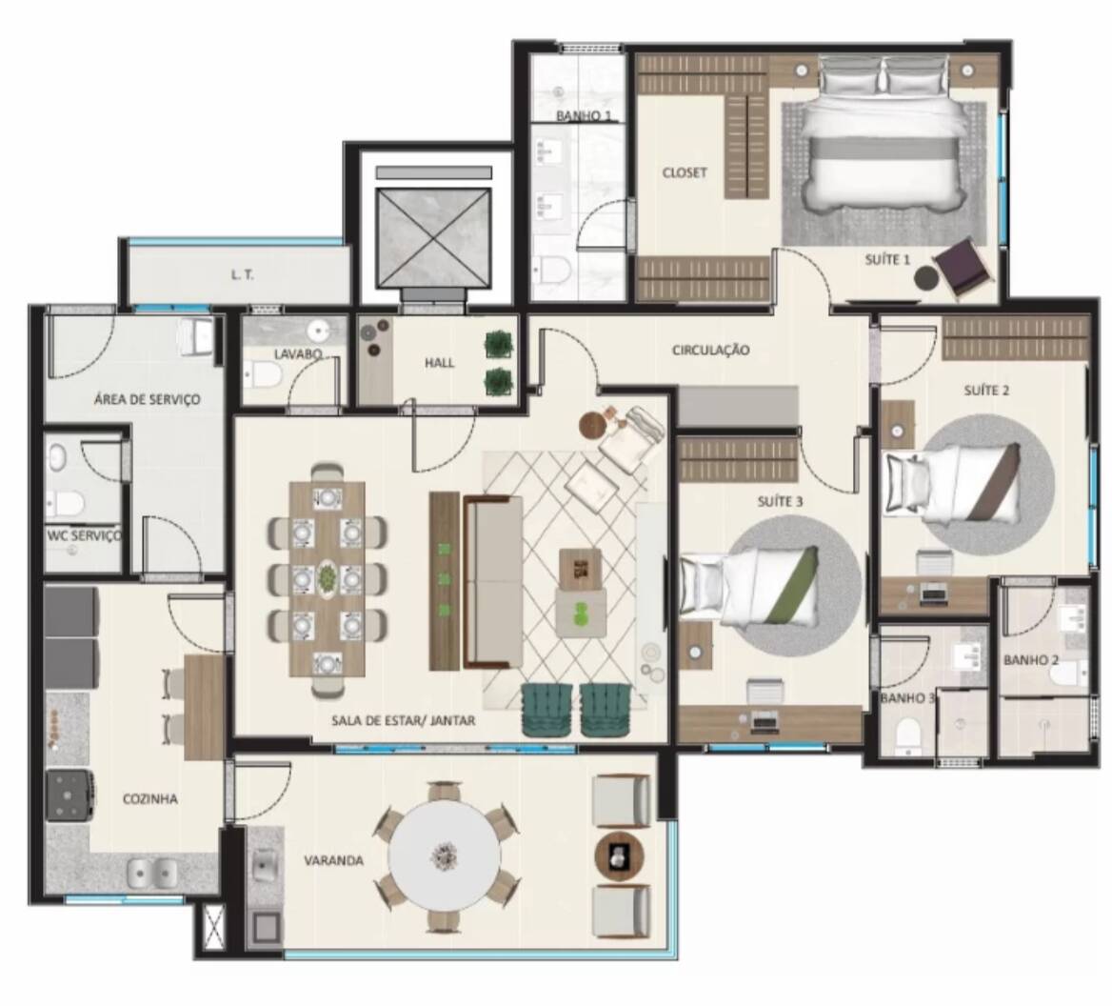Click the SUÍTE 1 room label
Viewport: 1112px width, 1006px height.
[887, 259]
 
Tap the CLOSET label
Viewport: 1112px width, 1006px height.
[685, 172]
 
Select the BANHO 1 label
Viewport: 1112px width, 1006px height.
[584, 115]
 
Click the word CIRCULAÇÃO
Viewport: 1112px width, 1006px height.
[710, 350]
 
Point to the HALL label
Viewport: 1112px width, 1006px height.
[439, 362]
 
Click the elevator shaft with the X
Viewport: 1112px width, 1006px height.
[434, 237]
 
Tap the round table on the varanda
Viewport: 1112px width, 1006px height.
[444, 855]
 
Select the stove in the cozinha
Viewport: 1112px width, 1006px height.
[69, 795]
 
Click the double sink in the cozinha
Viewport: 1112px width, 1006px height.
[153, 872]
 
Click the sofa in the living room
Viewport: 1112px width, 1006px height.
[493, 581]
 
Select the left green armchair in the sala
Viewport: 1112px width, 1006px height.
[546, 710]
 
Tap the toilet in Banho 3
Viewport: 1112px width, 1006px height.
[908, 734]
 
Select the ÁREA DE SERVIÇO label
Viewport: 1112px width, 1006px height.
[147, 399]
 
